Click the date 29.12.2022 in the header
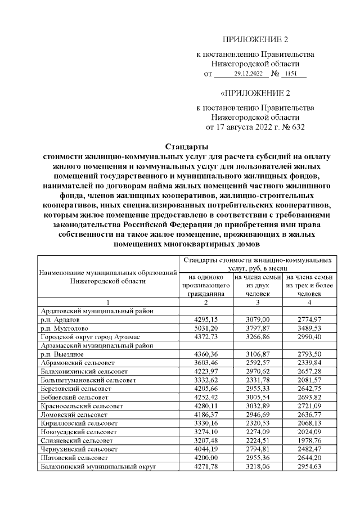click(248, 74)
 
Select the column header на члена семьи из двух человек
click(258, 285)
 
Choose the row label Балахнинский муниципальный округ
click(97, 466)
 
